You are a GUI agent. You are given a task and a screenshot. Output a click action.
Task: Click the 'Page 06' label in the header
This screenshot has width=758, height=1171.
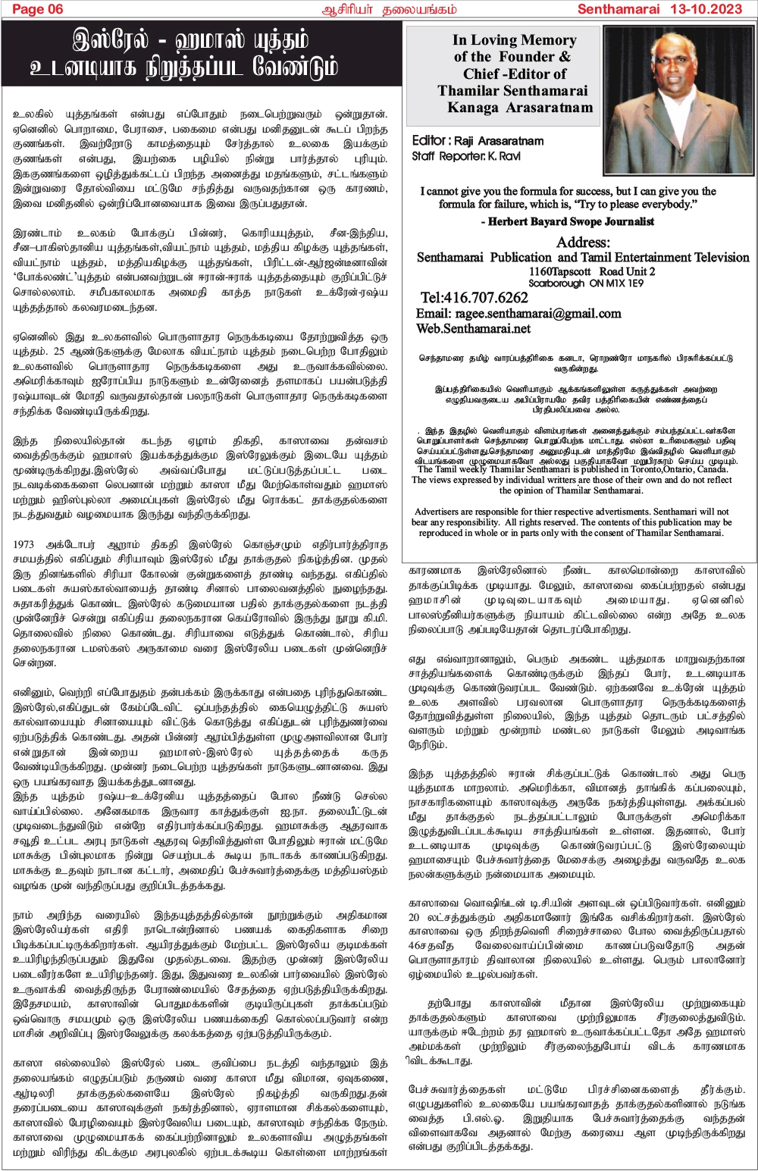[38, 9]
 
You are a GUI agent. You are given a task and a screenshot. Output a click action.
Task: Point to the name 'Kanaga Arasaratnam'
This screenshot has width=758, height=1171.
[520, 108]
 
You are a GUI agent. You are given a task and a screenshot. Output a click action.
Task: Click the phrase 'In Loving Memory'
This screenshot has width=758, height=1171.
[514, 40]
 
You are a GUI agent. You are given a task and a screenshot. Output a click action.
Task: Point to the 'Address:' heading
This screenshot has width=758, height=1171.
[583, 243]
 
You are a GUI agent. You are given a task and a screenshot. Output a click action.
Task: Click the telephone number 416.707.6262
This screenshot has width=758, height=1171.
[475, 297]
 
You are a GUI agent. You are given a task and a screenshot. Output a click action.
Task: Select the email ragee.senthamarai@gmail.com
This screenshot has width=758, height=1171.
[538, 313]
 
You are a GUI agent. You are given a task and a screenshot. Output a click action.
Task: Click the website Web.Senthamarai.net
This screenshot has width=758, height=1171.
[473, 329]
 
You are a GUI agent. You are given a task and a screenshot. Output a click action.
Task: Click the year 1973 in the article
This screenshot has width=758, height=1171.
[25, 544]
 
